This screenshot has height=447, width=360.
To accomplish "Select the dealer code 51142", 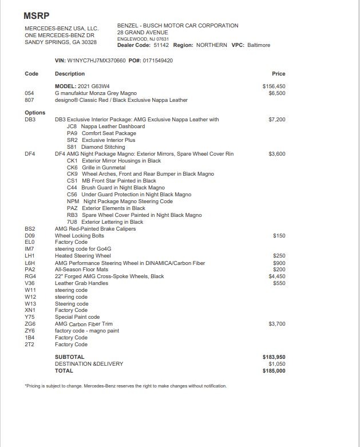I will tap(161, 45).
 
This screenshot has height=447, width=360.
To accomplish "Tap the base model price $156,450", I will tap(274, 86).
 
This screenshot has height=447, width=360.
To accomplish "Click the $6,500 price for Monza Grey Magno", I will tap(276, 93).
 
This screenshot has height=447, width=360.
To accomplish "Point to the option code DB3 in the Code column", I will tap(30, 120).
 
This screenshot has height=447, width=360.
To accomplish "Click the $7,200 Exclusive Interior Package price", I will tap(276, 120).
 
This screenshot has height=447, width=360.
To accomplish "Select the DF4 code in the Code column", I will tap(30, 154).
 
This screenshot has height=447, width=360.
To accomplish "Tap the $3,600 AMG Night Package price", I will tap(276, 154).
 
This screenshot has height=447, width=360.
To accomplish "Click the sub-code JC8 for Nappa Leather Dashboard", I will tap(72, 126).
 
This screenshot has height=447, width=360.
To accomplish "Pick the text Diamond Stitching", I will tap(103, 147).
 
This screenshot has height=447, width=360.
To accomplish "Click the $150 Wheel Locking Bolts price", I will tap(279, 236).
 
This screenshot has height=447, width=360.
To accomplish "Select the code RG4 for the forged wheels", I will tap(30, 276).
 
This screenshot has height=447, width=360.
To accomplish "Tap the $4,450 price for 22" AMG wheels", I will tap(276, 276).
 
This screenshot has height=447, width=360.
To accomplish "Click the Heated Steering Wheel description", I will tap(83, 256).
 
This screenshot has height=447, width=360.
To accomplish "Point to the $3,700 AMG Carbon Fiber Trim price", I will tap(276, 324).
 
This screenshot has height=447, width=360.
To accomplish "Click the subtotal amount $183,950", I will tap(274, 357).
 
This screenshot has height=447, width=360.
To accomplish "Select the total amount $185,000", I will tap(274, 371).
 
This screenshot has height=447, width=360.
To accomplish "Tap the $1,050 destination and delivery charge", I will tap(276, 364).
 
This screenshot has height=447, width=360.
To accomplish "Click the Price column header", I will tap(278, 74).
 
